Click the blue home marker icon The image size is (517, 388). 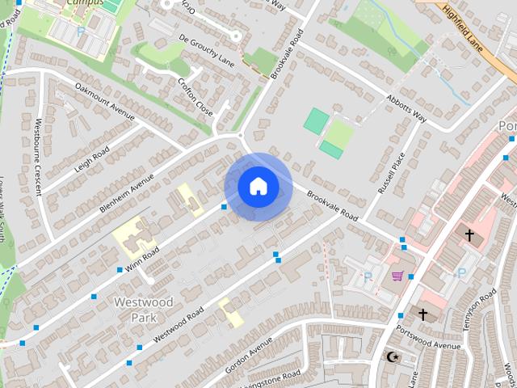258,187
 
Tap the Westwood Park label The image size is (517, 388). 144,310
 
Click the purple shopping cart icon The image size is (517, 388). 397,276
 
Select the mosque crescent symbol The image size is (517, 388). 393,356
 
